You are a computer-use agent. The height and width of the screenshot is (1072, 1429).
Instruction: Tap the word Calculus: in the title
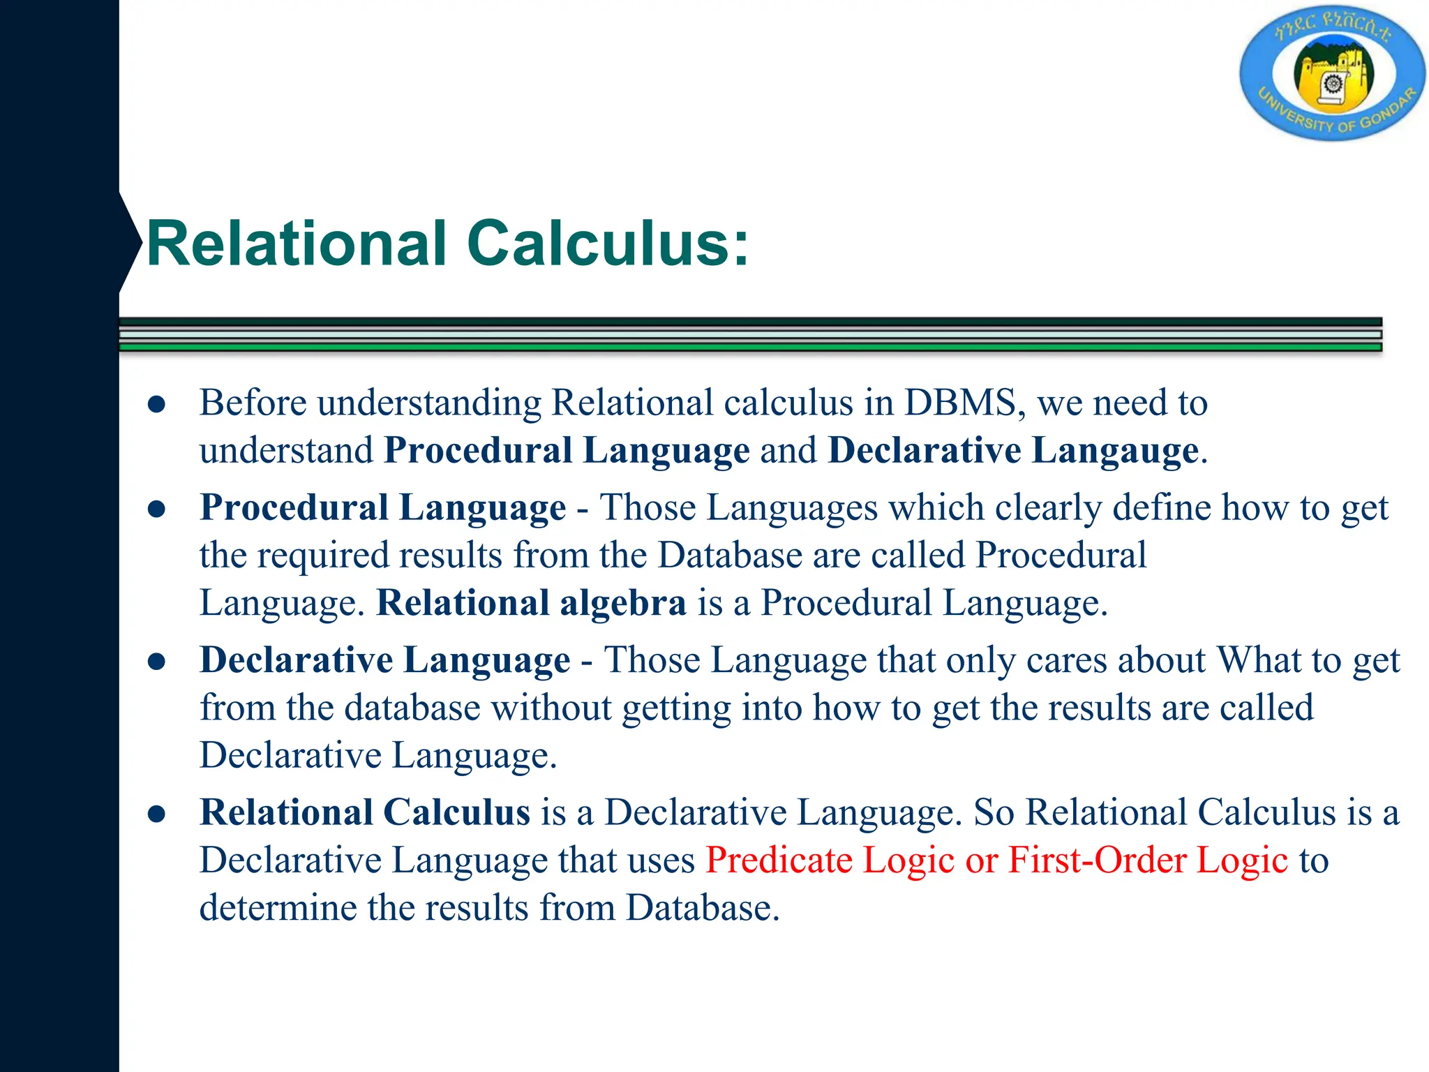coord(608,244)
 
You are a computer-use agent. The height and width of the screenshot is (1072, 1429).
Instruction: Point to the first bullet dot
coord(157,405)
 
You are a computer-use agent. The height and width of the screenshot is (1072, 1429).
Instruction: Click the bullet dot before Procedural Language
coord(157,509)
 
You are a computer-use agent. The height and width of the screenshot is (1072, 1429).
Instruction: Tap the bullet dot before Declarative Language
coord(157,662)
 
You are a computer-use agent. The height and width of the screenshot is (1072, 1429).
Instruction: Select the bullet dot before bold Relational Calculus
coord(157,814)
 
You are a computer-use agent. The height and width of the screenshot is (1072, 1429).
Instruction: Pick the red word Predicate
coord(778,860)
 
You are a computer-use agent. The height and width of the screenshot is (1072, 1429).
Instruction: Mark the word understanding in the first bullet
coord(429,404)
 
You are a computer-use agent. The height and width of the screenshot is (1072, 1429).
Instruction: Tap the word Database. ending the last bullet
coord(702,908)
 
